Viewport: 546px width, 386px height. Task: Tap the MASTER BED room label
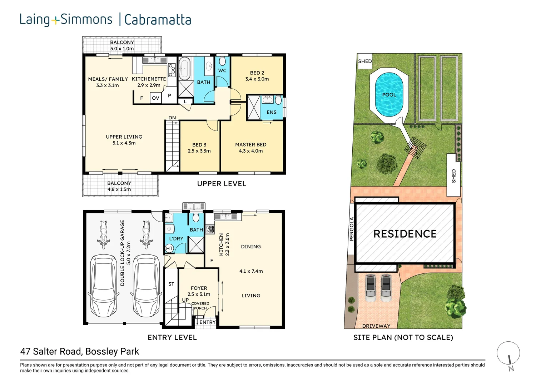250,145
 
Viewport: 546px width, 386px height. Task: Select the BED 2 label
257,73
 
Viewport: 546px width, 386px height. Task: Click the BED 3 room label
199,145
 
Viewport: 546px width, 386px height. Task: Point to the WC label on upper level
222,71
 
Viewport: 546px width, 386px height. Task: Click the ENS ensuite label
271,112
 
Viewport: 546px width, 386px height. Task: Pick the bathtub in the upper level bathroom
184,68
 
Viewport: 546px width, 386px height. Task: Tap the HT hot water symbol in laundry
169,248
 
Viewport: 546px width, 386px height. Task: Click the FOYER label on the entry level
199,288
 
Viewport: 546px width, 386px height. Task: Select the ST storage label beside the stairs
171,284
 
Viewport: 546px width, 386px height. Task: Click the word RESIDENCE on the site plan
405,234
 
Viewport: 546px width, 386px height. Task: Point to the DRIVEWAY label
376,326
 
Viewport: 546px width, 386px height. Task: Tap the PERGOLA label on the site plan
351,229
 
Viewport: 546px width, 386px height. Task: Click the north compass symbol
508,354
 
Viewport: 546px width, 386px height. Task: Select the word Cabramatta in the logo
158,20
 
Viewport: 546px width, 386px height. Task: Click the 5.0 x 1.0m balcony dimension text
122,49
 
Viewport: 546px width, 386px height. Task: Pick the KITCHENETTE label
149,79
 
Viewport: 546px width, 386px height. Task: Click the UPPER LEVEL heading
222,184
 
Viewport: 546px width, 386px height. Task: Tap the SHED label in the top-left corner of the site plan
365,61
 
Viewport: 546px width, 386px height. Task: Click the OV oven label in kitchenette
155,98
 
